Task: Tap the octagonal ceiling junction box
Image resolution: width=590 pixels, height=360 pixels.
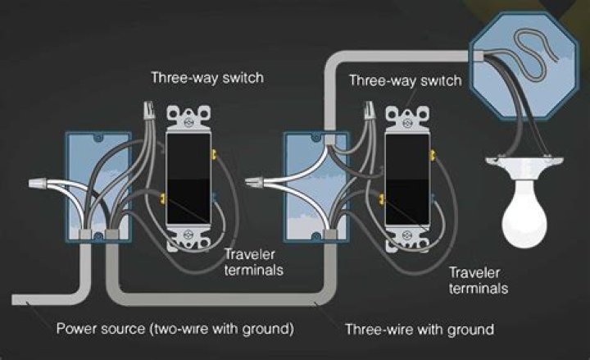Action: tap(524, 65)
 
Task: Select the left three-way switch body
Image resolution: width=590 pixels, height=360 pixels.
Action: tap(188, 180)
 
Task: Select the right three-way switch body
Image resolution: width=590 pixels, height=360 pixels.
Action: tap(407, 180)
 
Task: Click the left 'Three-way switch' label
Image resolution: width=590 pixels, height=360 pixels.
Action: tap(207, 78)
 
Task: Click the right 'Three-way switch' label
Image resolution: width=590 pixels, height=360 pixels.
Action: tap(405, 80)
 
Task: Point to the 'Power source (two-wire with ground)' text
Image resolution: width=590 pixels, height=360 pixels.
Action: tap(175, 329)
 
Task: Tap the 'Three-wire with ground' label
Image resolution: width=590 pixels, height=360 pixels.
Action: tap(420, 329)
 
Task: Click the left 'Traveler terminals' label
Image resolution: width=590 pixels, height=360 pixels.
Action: tap(253, 262)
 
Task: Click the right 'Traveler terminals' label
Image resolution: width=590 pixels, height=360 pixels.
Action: tap(479, 280)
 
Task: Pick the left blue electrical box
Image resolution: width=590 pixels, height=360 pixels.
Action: tap(98, 187)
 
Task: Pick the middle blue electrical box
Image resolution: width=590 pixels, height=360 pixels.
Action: tap(316, 187)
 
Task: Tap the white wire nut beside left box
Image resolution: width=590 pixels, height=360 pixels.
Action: tap(38, 184)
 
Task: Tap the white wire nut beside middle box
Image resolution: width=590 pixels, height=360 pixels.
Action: tap(255, 183)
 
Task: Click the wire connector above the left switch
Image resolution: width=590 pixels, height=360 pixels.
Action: tap(149, 110)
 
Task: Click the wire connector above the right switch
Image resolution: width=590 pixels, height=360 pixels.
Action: tap(369, 110)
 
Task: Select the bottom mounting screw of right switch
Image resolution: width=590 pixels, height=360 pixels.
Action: tap(406, 235)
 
